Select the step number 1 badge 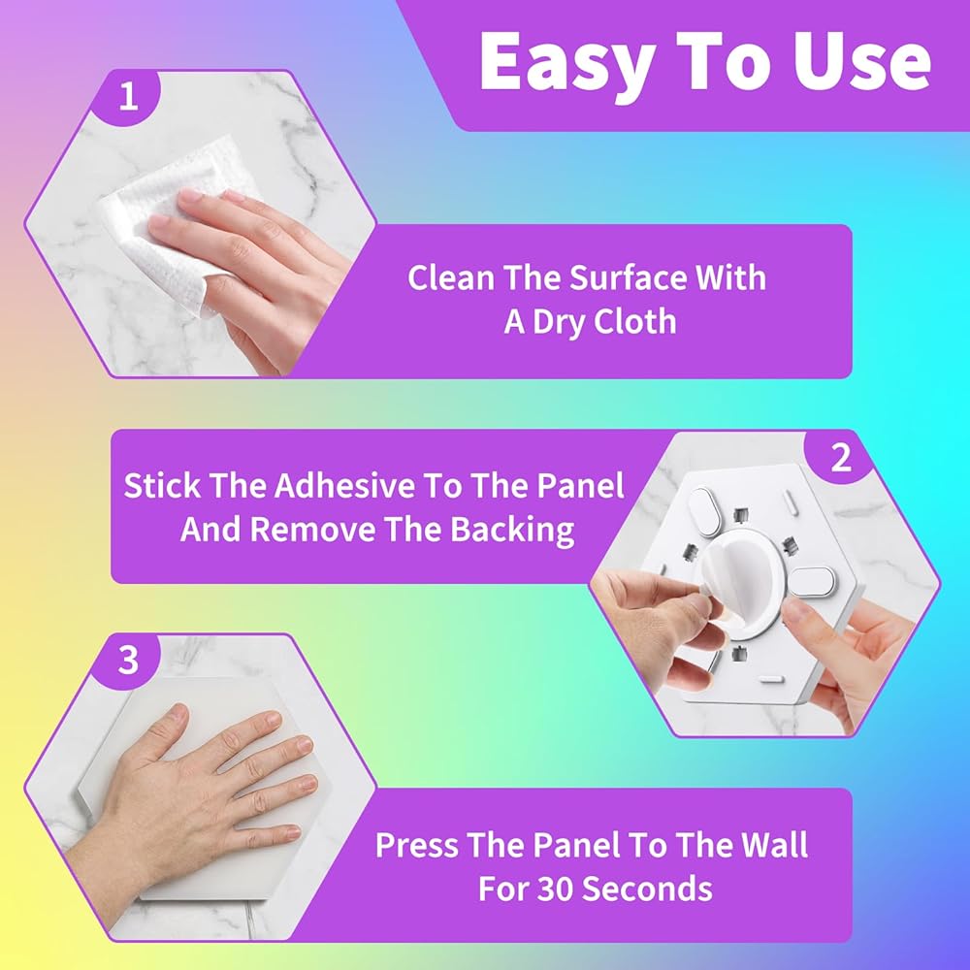[x=128, y=98]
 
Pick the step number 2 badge [x=841, y=459]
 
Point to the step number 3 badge [x=128, y=660]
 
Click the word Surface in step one [x=628, y=277]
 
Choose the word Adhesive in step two [x=344, y=485]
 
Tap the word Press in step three [x=416, y=845]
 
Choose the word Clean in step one [x=451, y=277]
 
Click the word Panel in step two [x=580, y=485]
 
